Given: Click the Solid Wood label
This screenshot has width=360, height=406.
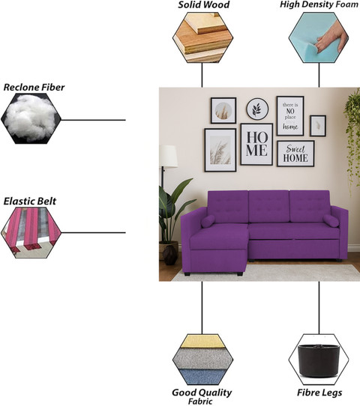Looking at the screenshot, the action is (203, 4).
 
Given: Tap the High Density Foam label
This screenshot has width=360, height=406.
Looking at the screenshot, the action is (319, 4).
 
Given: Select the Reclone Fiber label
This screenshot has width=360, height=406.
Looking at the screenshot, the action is (34, 87).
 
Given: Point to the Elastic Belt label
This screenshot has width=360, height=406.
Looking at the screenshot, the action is (30, 202).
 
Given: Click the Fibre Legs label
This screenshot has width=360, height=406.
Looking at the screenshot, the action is (319, 393).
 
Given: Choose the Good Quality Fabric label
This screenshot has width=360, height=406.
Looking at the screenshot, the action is (202, 396).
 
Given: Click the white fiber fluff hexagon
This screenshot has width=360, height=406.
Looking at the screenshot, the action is (31, 118).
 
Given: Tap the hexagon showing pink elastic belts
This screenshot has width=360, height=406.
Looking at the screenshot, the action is (31, 232).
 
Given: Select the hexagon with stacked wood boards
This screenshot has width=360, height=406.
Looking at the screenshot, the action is (203, 37).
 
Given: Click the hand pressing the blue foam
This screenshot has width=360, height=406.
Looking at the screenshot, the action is (331, 36).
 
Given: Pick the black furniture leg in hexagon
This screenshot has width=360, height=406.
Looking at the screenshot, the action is (319, 360).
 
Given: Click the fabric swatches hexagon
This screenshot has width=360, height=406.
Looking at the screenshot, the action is (203, 360).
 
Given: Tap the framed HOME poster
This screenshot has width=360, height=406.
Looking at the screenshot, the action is (256, 144).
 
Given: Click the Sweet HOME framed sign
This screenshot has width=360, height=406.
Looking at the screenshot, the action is (295, 154).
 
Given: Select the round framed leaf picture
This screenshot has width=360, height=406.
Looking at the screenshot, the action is (257, 109).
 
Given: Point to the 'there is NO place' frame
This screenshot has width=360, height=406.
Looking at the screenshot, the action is (290, 116).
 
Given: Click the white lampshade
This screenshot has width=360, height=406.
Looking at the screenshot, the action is (168, 157).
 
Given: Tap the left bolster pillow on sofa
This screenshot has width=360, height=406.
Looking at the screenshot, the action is (208, 222).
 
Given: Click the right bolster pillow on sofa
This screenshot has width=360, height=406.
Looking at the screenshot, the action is (331, 221).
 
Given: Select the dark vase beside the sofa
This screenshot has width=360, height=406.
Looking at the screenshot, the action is (170, 255).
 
